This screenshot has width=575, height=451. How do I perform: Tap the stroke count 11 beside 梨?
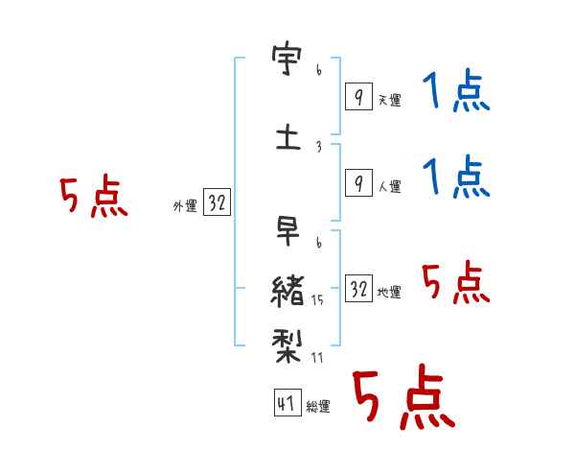pyautogui.click(x=317, y=358)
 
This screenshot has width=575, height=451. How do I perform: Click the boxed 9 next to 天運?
pyautogui.click(x=357, y=97)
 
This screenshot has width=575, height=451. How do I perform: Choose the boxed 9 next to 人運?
pyautogui.click(x=357, y=183)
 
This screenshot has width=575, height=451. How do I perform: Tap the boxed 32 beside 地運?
pyautogui.click(x=358, y=289)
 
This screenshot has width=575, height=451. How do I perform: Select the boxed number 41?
pyautogui.click(x=286, y=403)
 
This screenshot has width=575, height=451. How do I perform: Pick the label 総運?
pyautogui.click(x=318, y=407)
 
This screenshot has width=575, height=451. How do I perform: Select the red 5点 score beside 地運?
pyautogui.click(x=455, y=284)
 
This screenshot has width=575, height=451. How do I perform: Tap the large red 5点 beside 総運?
pyautogui.click(x=402, y=397)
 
